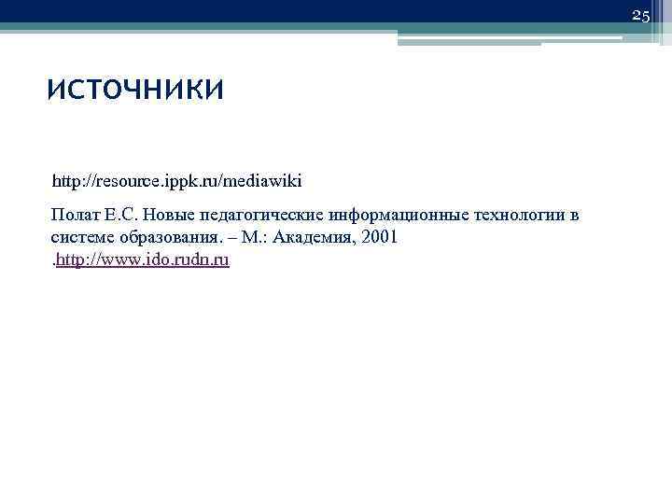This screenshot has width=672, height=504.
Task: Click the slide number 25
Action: (640, 16)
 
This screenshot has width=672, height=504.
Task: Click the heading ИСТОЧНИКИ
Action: (135, 91)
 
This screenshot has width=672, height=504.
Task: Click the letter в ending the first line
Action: (574, 216)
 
